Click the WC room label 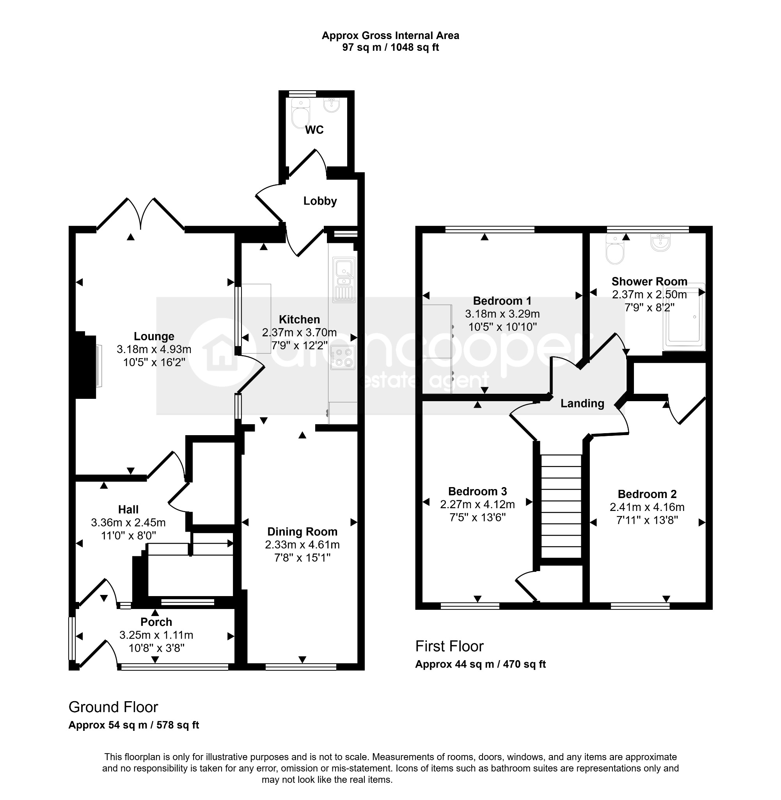tap(314, 130)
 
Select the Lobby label tap(320, 201)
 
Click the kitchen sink tap(344, 280)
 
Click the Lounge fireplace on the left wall tap(87, 365)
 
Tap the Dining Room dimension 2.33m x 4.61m tap(302, 545)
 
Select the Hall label tap(128, 509)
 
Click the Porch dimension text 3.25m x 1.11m tap(156, 635)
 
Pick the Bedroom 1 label tap(502, 301)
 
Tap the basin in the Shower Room tap(660, 243)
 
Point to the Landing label tap(582, 403)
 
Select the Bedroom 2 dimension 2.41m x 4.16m tap(647, 507)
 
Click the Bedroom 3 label tap(477, 491)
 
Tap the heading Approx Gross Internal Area tap(390, 36)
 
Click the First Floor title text tap(449, 646)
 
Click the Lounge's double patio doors tap(141, 214)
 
